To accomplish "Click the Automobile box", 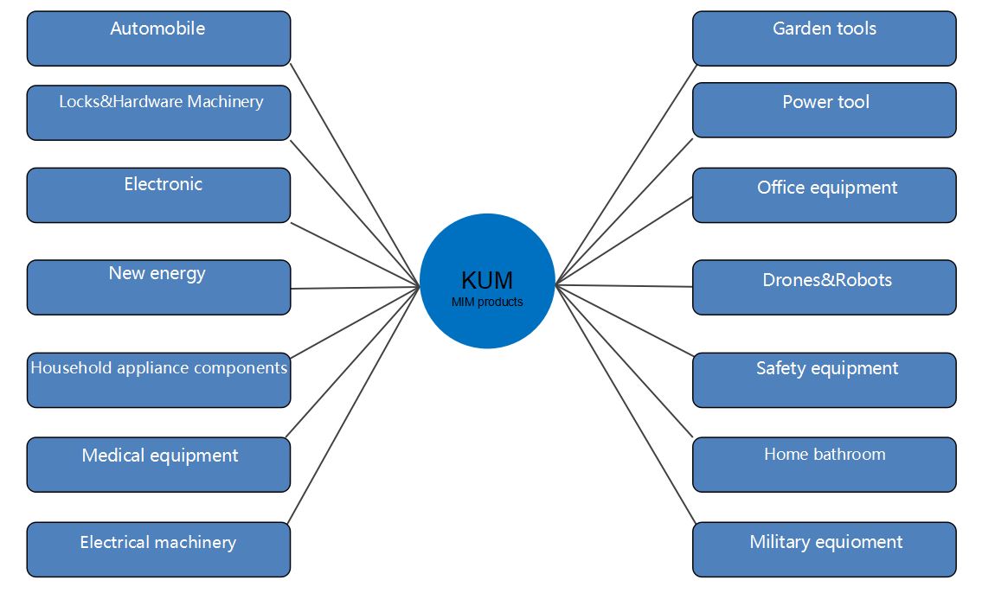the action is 158,39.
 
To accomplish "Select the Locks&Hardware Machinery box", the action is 158,113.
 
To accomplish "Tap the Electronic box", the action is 158,195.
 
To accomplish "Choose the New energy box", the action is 158,287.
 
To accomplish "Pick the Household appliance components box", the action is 158,380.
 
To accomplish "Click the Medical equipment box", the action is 158,465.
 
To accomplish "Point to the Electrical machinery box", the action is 158,550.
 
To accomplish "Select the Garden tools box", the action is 825,39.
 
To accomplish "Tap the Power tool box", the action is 825,111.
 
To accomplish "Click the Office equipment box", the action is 825,195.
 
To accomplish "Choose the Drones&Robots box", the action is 825,287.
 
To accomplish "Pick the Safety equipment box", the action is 825,380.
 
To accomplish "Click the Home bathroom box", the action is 825,465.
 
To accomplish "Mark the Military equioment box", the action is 825,550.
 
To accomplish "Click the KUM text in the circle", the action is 487,280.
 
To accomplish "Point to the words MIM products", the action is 487,302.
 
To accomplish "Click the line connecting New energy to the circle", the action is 356,288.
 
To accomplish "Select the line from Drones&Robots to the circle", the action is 624,286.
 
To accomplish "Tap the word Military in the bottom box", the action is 780,543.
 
